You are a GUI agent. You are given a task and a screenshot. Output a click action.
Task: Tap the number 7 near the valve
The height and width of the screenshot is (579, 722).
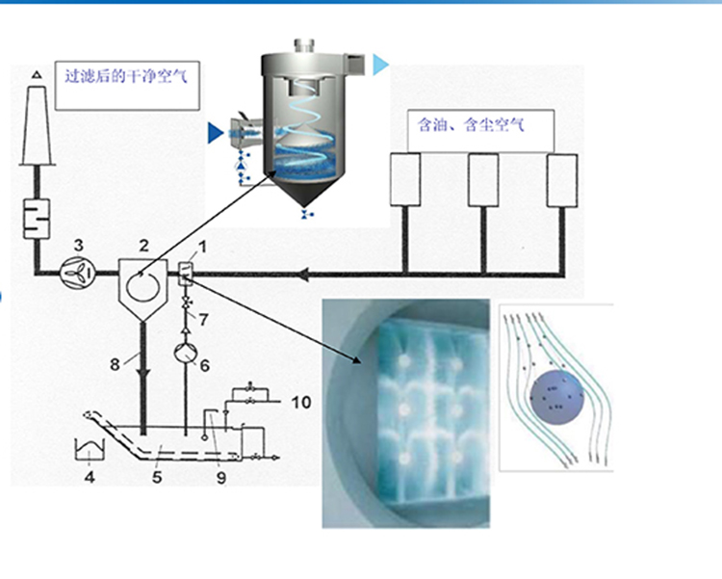click(x=204, y=319)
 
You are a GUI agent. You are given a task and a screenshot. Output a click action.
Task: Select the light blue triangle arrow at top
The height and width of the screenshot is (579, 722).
click(x=381, y=64)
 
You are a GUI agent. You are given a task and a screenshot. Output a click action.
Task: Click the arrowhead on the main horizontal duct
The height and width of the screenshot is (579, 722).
click(x=302, y=276)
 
